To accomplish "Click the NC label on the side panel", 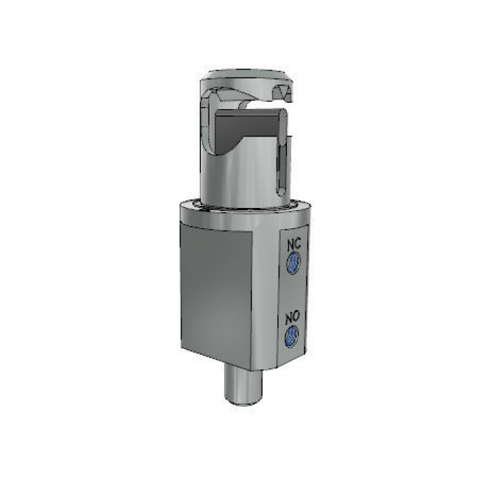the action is pos(294,244).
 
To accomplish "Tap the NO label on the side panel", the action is pos(293,318).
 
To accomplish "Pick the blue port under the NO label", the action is pos(292,335).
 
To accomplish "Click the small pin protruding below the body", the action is pos(243,385).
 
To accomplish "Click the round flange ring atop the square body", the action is pos(246,214).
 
